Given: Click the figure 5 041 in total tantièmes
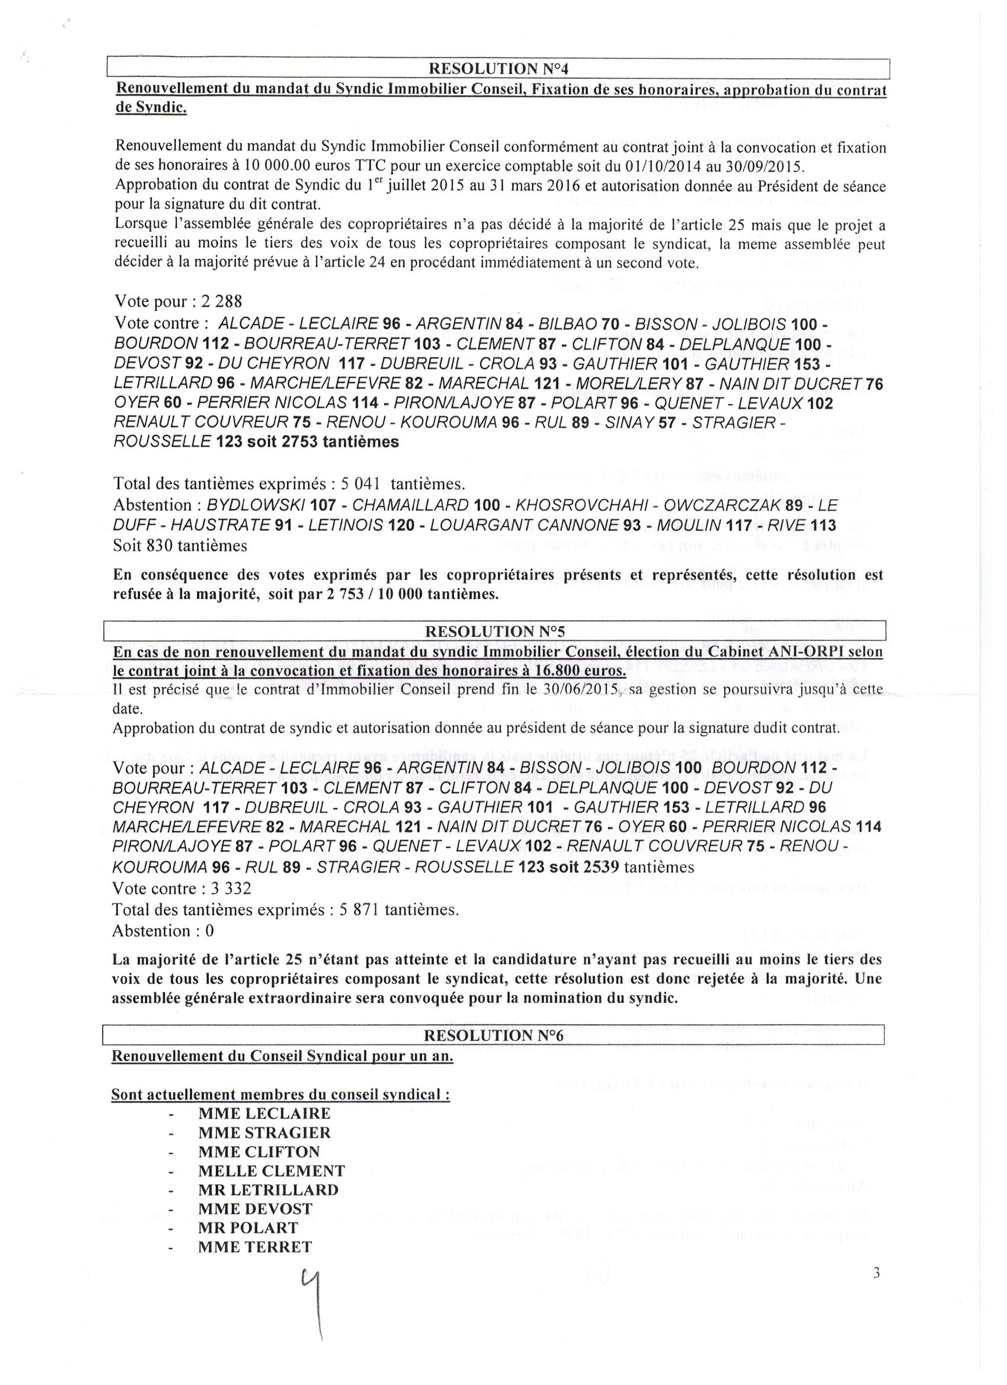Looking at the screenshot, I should click(360, 483).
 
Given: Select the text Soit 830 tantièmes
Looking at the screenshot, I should click(180, 546).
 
